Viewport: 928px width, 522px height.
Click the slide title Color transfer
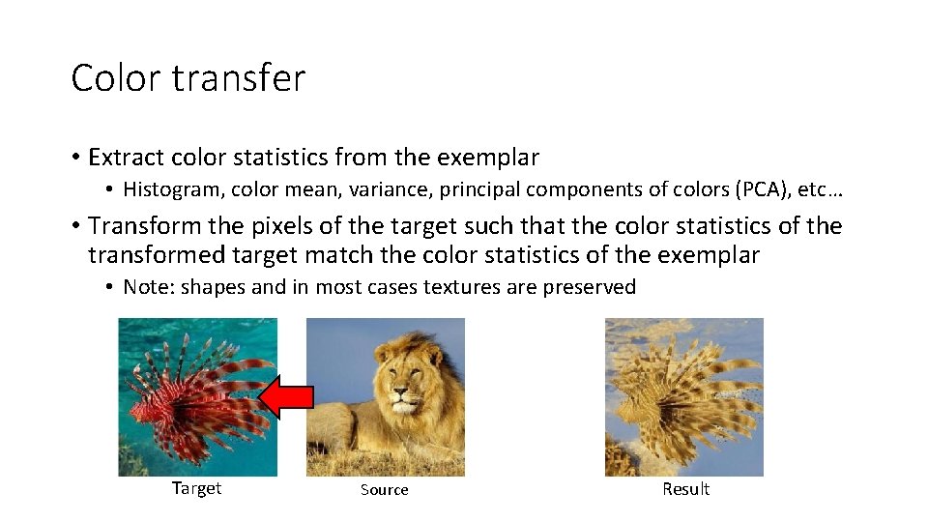188,78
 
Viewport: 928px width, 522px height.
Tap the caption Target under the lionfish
196,488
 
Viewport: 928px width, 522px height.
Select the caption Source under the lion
384,490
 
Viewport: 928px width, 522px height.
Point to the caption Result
685,489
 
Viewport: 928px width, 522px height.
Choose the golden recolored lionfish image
683,396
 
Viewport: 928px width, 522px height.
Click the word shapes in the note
214,287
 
